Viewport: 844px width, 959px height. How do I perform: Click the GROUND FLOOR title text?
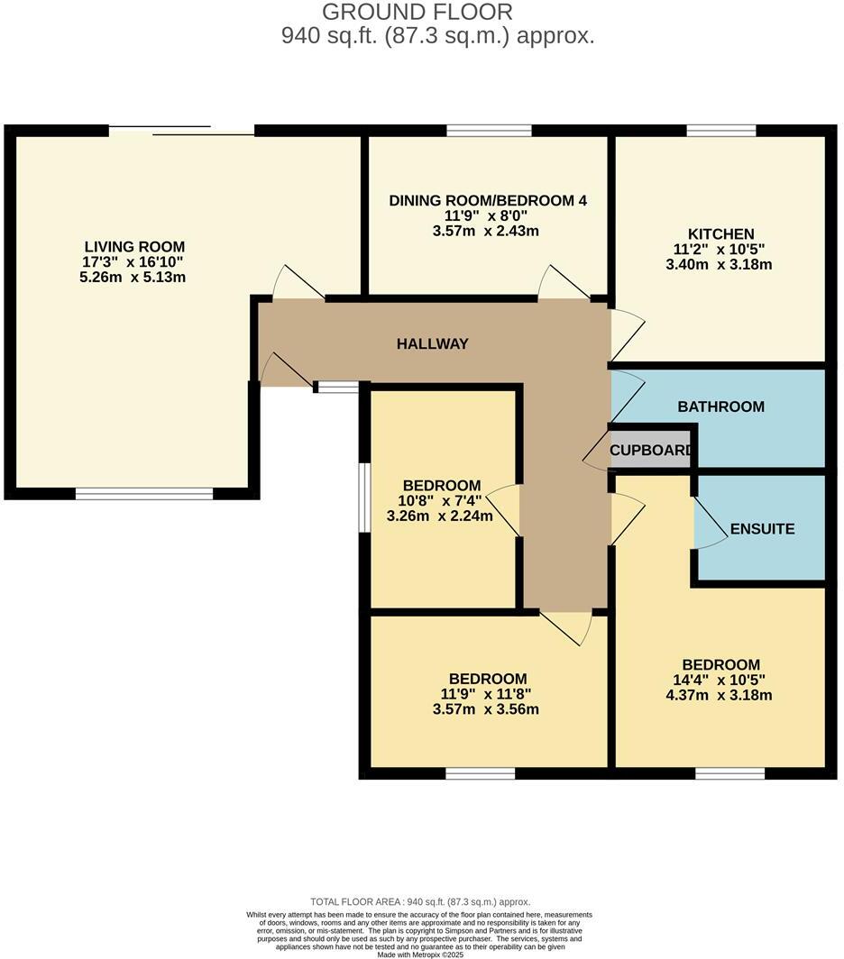(417, 13)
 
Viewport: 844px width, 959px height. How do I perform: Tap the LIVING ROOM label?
(134, 246)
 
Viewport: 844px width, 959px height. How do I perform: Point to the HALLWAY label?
(433, 343)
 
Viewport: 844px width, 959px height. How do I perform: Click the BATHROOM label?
(720, 406)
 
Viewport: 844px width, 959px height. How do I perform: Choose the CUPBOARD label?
(651, 450)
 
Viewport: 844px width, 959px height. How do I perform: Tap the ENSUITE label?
(763, 529)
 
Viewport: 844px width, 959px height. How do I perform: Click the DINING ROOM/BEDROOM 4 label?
(488, 200)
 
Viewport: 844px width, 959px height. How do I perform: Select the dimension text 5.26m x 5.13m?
(134, 276)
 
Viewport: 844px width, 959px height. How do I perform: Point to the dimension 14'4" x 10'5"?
(720, 680)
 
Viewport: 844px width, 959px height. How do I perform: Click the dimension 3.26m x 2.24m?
(441, 516)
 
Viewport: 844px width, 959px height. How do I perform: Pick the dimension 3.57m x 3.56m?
(488, 709)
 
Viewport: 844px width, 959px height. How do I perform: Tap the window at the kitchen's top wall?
(720, 132)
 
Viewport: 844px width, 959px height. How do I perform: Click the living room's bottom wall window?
(144, 493)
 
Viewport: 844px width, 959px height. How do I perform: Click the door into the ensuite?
(711, 527)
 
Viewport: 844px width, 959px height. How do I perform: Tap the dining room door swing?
(563, 283)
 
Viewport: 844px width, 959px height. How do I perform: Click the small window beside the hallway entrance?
(337, 388)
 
